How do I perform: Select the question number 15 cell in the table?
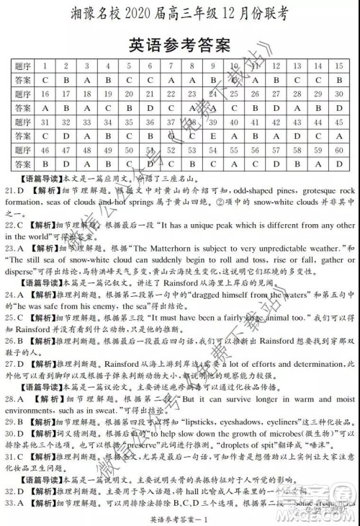[x=338, y=66]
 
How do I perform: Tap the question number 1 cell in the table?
[x=45, y=66]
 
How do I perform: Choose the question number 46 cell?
[x=45, y=150]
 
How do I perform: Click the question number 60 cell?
[x=338, y=150]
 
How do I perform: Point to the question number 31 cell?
[x=45, y=122]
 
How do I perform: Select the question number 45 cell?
[x=338, y=122]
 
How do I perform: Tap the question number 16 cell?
[x=45, y=94]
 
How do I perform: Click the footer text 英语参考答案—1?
[x=180, y=517]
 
